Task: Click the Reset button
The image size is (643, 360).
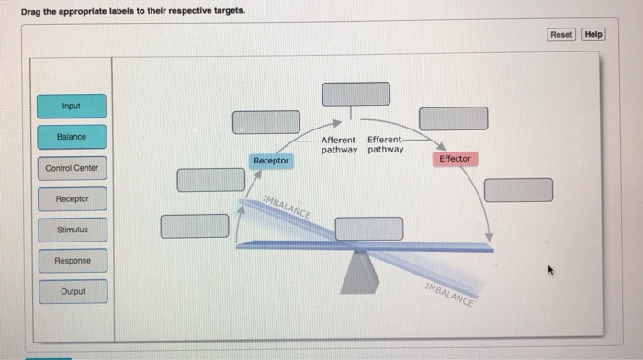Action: (x=560, y=34)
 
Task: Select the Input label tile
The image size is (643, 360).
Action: (x=72, y=107)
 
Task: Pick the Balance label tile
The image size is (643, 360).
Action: (x=72, y=137)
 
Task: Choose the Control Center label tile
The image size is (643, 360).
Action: (x=72, y=169)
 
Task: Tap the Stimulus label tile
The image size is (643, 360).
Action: (x=72, y=230)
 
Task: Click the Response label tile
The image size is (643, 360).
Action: (x=72, y=261)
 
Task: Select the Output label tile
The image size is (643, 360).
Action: (x=72, y=292)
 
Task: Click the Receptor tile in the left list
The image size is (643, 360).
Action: (x=72, y=199)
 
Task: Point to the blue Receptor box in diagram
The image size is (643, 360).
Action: (x=271, y=161)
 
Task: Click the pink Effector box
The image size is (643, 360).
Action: (x=455, y=159)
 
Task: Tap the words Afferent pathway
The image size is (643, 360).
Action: (x=338, y=144)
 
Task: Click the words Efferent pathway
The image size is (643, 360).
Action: (x=385, y=144)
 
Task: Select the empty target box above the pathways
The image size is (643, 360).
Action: (x=355, y=94)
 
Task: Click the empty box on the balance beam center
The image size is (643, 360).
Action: (x=368, y=229)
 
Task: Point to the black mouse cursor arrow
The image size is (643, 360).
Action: (x=551, y=271)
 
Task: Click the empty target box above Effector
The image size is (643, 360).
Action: (x=453, y=118)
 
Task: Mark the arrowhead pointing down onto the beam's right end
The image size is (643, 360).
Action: (x=489, y=238)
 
